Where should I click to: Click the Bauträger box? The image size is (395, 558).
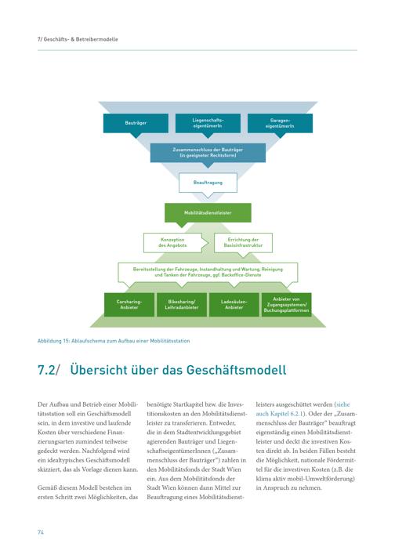pos(136,123)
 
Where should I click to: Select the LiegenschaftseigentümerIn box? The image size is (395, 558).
pos(208,123)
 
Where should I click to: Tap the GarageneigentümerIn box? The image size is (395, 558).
pos(280,123)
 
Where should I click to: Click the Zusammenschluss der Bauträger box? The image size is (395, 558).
pos(208,153)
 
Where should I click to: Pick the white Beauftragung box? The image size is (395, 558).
pos(208,183)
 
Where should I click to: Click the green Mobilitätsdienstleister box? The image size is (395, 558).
pos(208,213)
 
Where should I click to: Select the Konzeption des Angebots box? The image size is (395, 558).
pos(172,243)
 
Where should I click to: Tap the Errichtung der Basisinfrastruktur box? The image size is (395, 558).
pos(244,243)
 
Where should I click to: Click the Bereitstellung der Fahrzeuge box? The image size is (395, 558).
pos(208,272)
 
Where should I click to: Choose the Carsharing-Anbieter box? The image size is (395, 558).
pos(129,305)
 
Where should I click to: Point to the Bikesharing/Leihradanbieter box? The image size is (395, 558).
pos(182,305)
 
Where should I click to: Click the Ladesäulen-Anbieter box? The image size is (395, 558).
pos(234,305)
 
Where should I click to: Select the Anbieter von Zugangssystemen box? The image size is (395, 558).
pos(287,305)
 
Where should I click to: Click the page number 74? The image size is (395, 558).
pos(41,532)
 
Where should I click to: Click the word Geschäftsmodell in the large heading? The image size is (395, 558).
pos(236,370)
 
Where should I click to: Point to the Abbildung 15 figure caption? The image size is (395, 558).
pos(114,341)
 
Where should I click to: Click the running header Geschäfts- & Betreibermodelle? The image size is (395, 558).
pos(78,39)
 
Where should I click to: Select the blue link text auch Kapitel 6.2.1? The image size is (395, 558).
pos(279,414)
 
